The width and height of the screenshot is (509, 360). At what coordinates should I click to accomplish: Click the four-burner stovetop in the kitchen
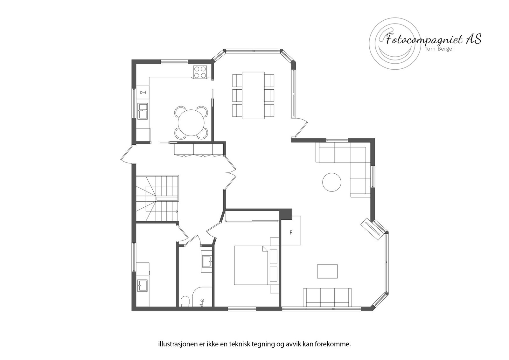pos(200,72)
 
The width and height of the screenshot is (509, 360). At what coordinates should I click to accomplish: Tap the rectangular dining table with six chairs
pos(253,95)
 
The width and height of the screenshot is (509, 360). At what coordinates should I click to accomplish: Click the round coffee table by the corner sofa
pos(332,182)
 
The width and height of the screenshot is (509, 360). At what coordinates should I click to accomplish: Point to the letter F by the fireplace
pos(291,232)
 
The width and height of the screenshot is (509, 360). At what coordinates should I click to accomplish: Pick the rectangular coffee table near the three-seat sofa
pos(327,271)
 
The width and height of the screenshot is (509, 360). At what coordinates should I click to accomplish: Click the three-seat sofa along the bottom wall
pos(327,297)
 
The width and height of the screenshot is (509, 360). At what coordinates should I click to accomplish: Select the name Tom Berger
pos(440,49)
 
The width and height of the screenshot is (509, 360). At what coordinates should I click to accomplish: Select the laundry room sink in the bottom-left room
pos(142,286)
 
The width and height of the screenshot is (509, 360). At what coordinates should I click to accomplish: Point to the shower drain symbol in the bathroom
pos(202,301)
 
